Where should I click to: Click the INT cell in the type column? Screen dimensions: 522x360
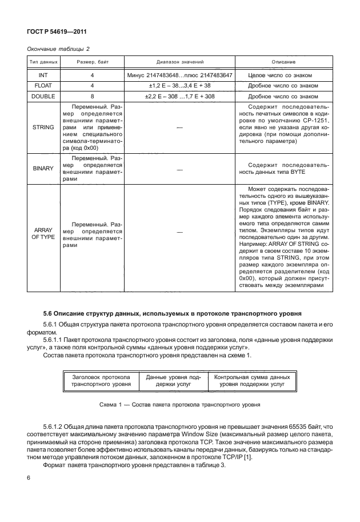[x=38, y=75]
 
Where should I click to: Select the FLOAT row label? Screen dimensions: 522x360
[x=38, y=86]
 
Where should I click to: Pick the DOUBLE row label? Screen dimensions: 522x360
[x=38, y=97]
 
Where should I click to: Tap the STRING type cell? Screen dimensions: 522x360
[x=38, y=127]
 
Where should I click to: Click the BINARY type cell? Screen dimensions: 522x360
[x=38, y=169]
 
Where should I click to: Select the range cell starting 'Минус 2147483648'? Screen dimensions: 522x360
[x=180, y=75]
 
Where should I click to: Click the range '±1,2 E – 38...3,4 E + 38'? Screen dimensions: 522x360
[x=180, y=86]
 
